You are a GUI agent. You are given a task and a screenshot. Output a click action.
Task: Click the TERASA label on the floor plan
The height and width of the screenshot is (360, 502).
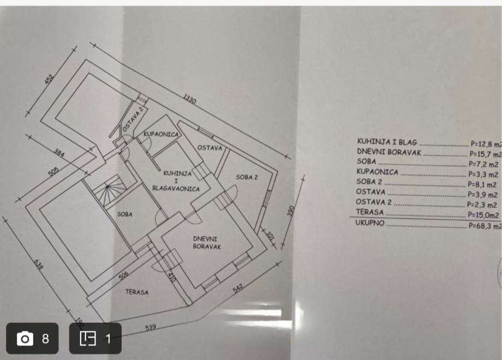(x=137, y=292)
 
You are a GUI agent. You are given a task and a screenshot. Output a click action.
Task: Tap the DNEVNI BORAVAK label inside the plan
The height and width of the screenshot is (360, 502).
(x=207, y=242)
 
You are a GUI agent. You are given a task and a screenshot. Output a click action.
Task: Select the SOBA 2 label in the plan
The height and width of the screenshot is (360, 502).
(x=247, y=177)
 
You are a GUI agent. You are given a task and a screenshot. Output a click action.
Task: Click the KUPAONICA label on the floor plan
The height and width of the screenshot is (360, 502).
(x=162, y=134)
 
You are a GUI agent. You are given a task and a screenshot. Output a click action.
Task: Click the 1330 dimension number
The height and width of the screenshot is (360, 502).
(x=190, y=100)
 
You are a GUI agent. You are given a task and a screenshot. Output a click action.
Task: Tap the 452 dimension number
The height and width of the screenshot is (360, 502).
(x=50, y=79)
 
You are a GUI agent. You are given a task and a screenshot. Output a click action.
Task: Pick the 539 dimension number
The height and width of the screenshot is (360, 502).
(x=151, y=327)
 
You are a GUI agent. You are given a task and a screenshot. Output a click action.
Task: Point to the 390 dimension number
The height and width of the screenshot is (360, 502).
(x=291, y=211)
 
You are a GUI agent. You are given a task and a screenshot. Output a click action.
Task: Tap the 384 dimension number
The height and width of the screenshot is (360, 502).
(x=59, y=154)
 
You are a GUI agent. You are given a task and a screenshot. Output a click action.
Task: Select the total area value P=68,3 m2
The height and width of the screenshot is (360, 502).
(x=485, y=226)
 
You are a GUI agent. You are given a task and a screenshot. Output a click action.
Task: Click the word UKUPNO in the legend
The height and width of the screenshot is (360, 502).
(x=370, y=223)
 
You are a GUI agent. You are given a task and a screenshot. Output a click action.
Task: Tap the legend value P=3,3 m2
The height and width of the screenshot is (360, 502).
(x=483, y=175)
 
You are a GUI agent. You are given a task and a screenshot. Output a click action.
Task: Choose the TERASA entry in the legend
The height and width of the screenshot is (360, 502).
(x=369, y=212)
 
